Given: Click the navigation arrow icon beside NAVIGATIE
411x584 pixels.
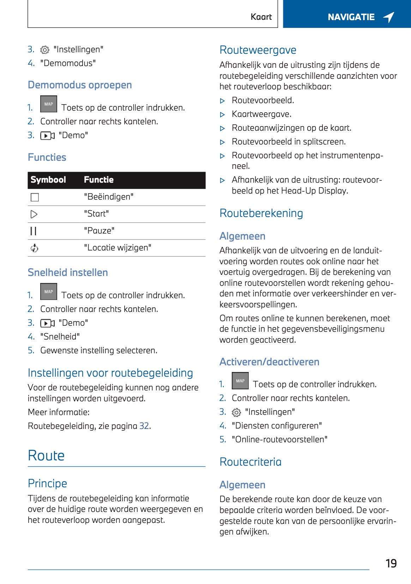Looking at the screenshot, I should click(389, 17).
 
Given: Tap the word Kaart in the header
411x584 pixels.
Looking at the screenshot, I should click(261, 17).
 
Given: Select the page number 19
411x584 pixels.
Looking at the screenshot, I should click(391, 563).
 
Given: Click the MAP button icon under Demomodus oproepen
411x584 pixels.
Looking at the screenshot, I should click(49, 104).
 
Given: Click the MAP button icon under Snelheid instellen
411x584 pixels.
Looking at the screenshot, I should click(49, 291).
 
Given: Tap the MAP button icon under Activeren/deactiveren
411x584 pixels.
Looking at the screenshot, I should click(240, 381).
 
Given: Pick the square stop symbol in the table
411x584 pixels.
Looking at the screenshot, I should click(35, 197).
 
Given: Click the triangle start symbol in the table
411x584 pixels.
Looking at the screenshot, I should click(34, 214).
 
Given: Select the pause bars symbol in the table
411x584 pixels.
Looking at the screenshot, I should click(34, 231).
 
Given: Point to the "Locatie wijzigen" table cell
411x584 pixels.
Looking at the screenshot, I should click(117, 248).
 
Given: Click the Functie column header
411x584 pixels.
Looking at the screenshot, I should click(99, 180).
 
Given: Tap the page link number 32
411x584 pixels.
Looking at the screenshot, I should click(144, 426).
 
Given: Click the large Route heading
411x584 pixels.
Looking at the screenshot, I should click(46, 455).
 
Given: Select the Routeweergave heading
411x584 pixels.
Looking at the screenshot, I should click(258, 50).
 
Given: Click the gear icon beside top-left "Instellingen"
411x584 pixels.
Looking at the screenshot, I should click(45, 50).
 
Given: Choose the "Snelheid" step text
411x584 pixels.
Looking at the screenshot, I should click(60, 336).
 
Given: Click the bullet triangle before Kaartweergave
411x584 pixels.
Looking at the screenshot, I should click(222, 114).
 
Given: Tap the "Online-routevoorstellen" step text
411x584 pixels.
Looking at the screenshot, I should click(279, 439).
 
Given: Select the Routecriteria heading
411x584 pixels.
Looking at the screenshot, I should click(250, 462).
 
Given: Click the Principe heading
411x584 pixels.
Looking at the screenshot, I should click(47, 483).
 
